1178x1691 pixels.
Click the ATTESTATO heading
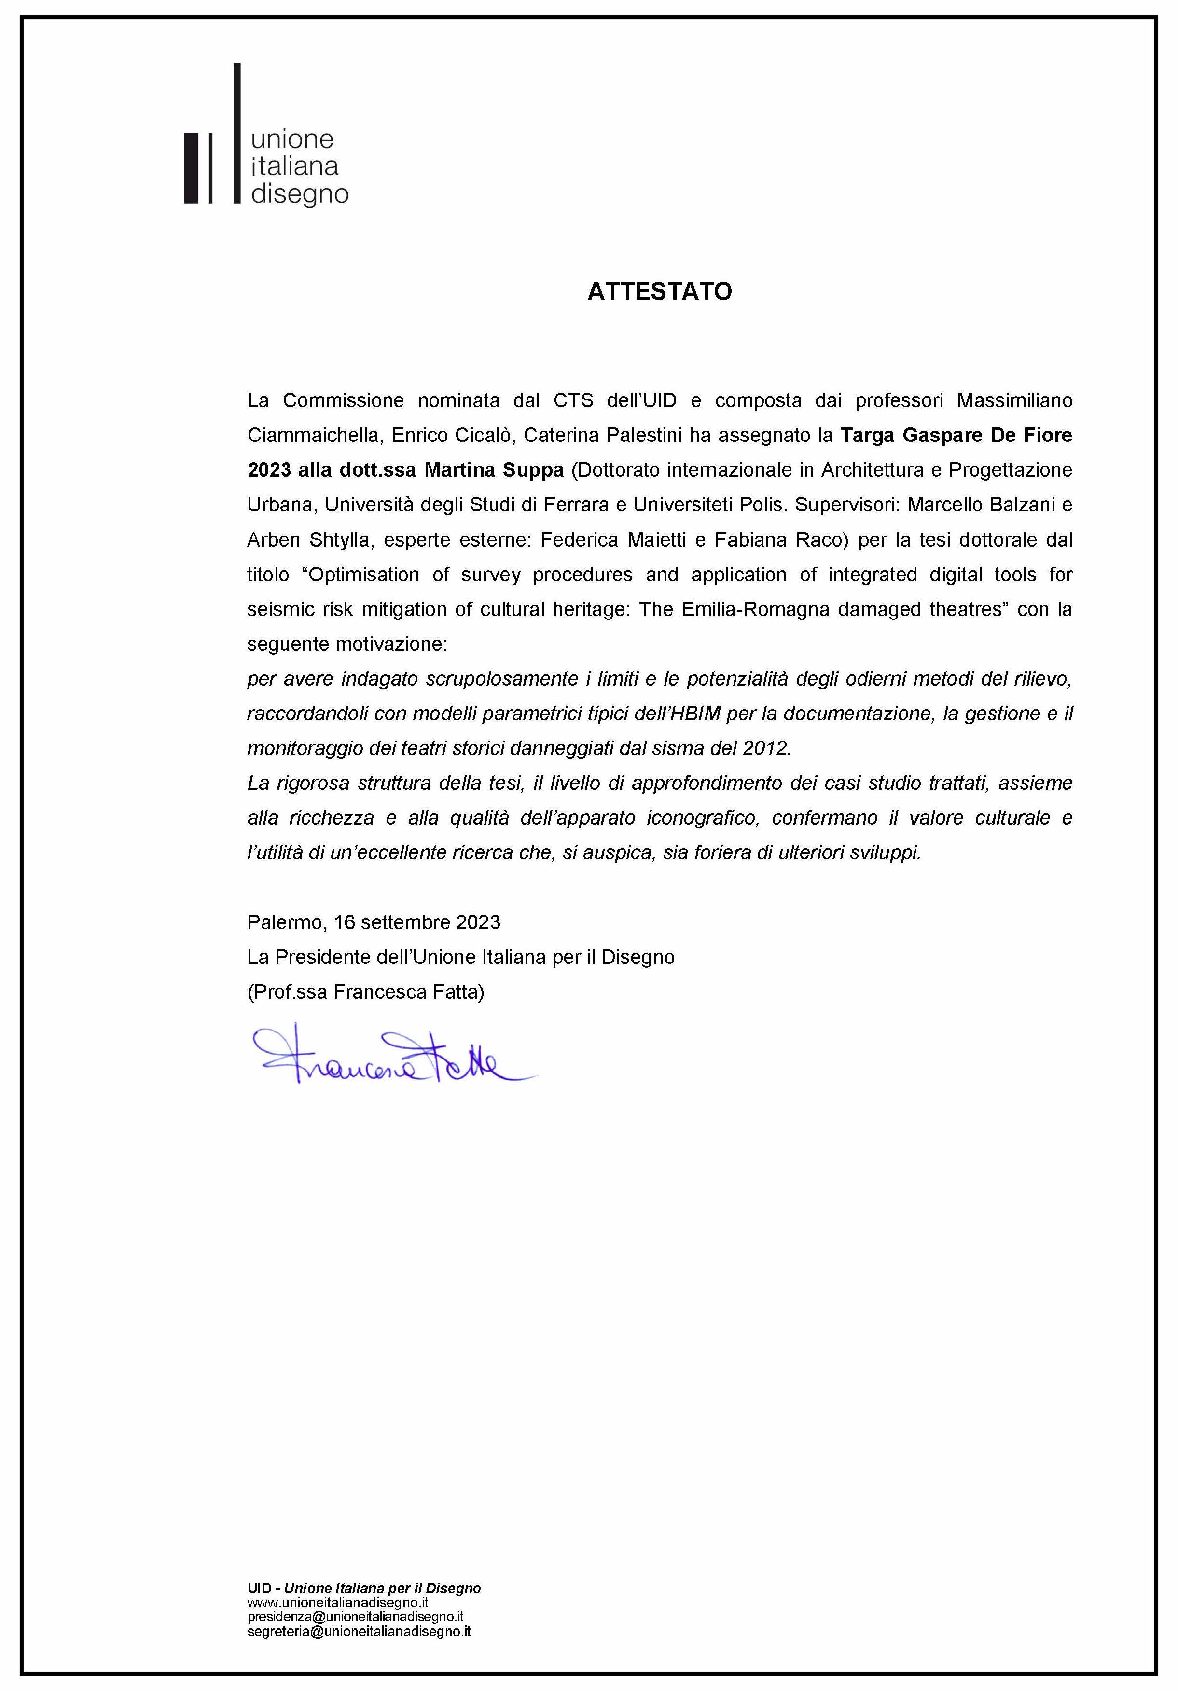659,292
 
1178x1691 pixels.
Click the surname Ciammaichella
314,435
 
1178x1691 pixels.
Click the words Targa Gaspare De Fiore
956,435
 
